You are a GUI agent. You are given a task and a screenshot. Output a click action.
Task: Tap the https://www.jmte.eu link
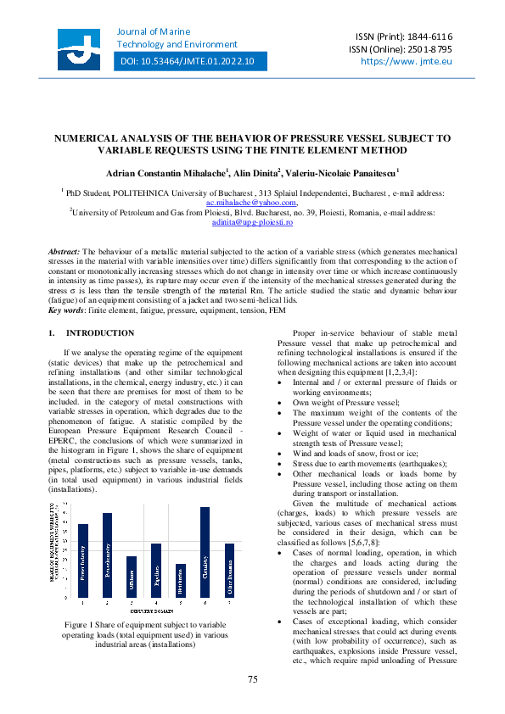[407, 61]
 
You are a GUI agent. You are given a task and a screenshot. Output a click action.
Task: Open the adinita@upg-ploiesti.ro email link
[252, 222]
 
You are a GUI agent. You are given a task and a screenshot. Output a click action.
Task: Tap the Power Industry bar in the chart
[83, 561]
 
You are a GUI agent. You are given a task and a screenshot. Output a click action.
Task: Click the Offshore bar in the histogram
[132, 577]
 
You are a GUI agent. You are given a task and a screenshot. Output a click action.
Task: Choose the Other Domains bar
[229, 571]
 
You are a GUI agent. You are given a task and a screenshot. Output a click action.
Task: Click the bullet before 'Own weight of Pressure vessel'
[281, 402]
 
